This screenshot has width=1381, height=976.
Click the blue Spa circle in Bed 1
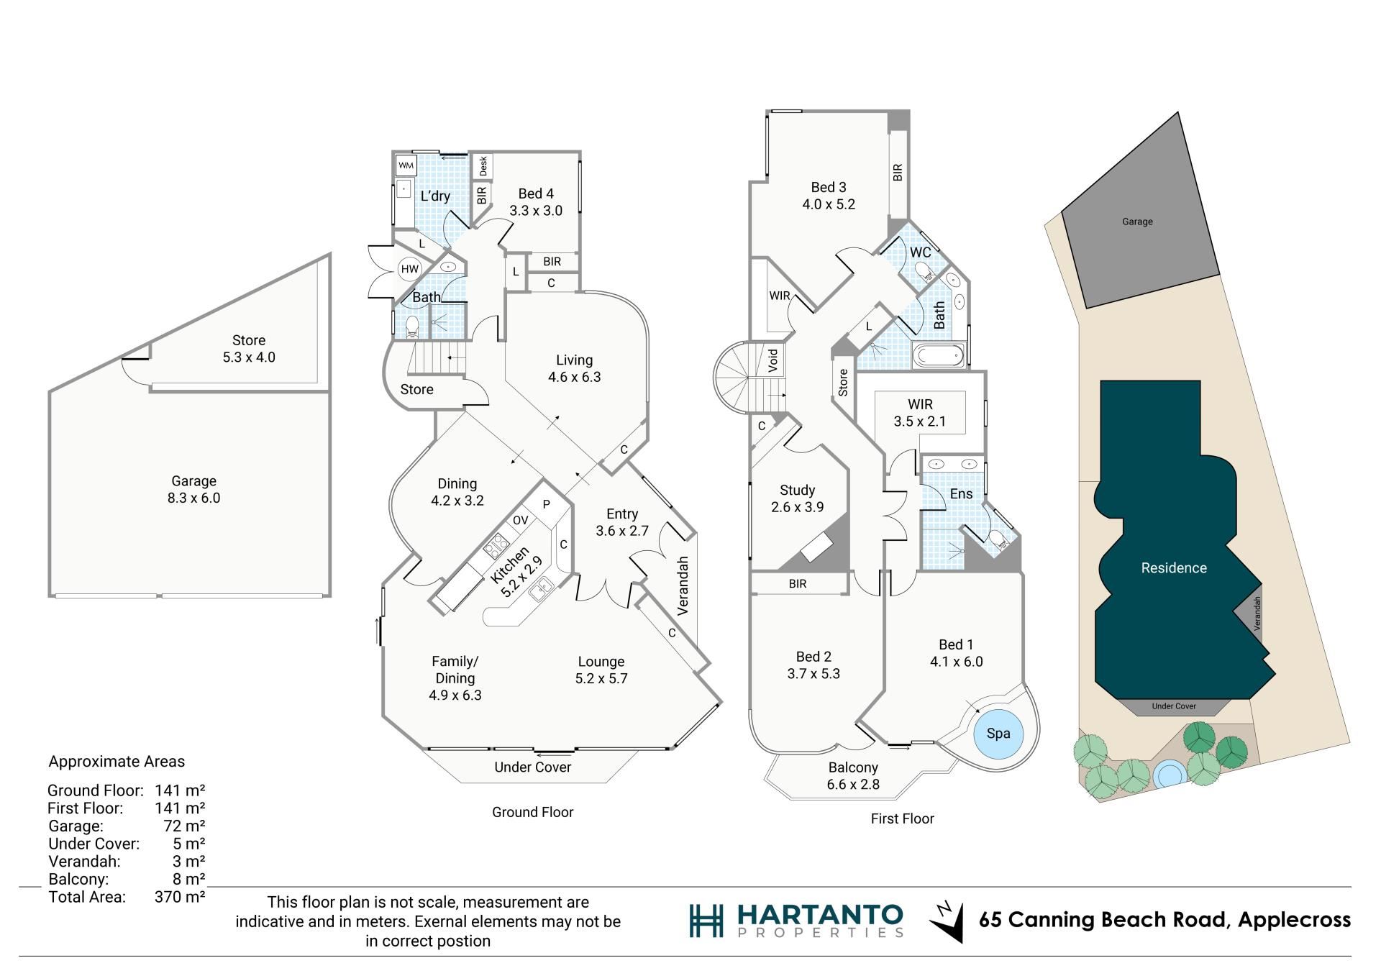[x=997, y=734]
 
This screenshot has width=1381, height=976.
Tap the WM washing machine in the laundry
[x=406, y=165]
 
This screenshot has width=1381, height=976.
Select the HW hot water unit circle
[x=409, y=269]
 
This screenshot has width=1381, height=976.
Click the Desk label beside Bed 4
[x=483, y=166]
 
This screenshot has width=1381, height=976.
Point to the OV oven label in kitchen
[x=521, y=520]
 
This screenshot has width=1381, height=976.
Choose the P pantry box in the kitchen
[x=546, y=504]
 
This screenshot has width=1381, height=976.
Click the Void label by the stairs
[x=773, y=360]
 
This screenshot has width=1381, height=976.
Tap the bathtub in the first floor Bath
[x=937, y=355]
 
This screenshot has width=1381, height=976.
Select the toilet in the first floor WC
[x=923, y=272]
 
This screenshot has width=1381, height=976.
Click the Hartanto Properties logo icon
[x=706, y=921]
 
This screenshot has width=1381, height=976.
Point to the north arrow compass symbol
[x=946, y=921]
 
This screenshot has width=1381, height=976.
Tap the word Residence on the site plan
[x=1174, y=568]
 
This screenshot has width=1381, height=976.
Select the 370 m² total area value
[x=180, y=897]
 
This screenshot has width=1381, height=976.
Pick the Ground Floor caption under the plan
[x=532, y=812]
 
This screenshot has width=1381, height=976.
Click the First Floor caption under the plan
[x=902, y=818]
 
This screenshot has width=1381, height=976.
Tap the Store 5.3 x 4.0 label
[x=249, y=349]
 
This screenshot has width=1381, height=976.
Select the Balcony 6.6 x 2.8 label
[x=853, y=776]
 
